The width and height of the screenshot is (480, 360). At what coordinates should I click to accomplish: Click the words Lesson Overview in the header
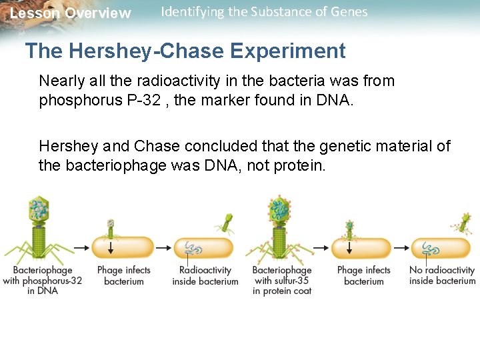(x=71, y=13)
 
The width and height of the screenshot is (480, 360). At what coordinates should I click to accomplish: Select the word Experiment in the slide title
(x=295, y=51)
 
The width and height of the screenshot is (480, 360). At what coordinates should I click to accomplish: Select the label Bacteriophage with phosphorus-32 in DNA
(x=43, y=280)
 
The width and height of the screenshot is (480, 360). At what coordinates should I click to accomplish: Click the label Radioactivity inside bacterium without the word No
(x=205, y=275)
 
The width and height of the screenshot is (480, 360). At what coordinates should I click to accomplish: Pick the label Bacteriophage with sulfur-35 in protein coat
(x=282, y=280)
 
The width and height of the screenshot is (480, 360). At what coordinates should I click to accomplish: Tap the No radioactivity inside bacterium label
(x=442, y=275)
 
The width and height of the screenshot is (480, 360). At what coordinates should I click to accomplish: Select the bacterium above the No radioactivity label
(x=441, y=247)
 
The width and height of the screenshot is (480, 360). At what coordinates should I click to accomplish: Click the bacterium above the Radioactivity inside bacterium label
(x=203, y=247)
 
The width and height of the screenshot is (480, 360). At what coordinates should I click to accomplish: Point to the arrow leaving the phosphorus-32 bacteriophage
(x=79, y=247)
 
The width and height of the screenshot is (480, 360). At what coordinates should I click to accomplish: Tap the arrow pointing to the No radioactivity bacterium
(x=400, y=247)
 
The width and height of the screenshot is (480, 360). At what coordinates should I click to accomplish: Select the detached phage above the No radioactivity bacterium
(x=462, y=222)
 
